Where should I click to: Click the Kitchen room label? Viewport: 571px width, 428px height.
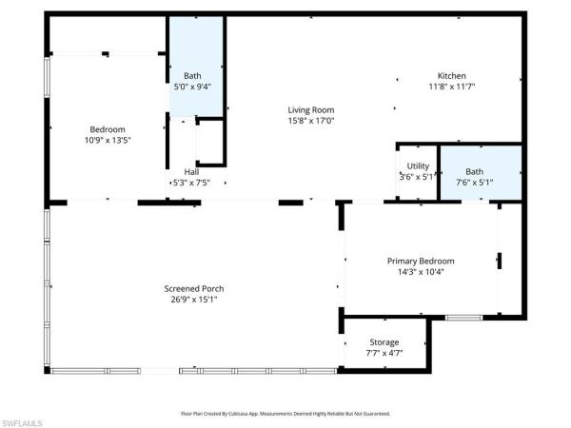(451, 76)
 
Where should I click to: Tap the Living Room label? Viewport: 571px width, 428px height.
(310, 110)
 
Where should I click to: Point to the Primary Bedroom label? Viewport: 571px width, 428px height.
(420, 261)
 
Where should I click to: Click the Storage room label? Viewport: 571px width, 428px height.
(384, 342)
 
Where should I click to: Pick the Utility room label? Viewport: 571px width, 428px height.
(418, 166)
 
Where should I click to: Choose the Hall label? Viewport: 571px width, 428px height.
(191, 172)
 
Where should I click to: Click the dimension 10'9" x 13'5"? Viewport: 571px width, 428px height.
(108, 140)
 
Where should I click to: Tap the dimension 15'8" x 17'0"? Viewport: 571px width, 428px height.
(310, 121)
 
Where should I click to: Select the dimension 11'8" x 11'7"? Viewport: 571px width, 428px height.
(451, 87)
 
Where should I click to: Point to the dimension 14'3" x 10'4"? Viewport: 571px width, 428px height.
(420, 271)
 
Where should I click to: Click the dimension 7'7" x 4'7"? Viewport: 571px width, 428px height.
(384, 353)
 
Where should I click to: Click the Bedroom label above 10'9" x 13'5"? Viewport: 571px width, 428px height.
(108, 129)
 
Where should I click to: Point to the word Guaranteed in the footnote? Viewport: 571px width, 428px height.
(373, 414)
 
